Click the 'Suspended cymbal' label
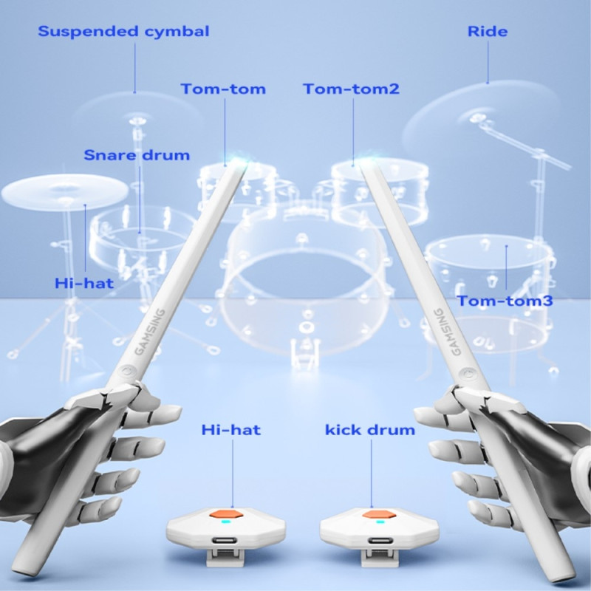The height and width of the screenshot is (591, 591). pos(123,32)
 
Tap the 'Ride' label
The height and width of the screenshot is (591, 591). pos(488,32)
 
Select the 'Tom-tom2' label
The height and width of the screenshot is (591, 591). pos(351,89)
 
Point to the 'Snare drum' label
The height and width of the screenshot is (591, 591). pos(137,155)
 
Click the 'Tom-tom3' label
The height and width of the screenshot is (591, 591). pos(505,301)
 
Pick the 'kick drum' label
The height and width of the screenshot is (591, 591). pos(370,429)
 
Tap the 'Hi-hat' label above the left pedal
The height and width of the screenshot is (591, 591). pos(231,429)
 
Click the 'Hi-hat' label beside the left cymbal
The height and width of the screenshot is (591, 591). pos(84,283)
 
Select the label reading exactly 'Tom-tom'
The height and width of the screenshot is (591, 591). pos(223,89)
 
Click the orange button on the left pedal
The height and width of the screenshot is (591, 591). pos(221,513)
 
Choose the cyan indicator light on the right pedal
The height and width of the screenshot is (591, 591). pos(380,522)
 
